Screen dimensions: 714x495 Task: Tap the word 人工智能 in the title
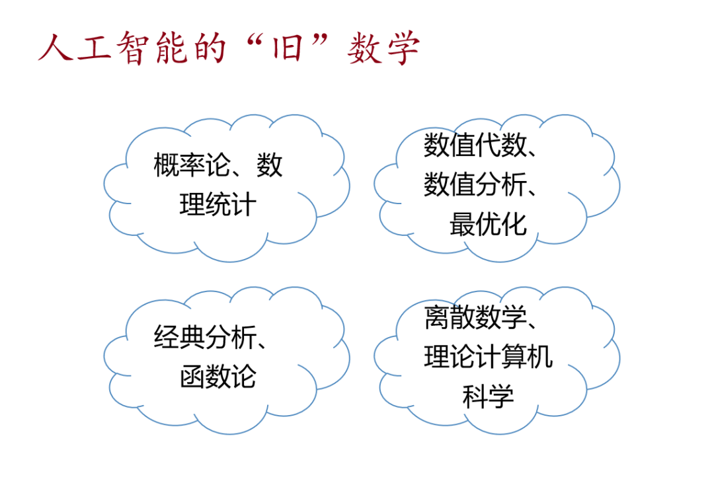113,48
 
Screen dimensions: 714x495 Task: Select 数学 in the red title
383,48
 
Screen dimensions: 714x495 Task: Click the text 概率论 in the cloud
192,165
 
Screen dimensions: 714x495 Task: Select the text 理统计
218,204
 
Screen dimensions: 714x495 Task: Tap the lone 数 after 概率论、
269,165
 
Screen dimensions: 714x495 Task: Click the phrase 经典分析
205,338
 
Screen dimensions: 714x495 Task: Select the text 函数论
218,377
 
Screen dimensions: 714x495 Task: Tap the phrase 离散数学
475,317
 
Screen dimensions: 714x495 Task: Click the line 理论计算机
488,357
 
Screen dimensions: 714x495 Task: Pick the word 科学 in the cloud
488,396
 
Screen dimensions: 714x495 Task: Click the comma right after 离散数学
532,325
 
